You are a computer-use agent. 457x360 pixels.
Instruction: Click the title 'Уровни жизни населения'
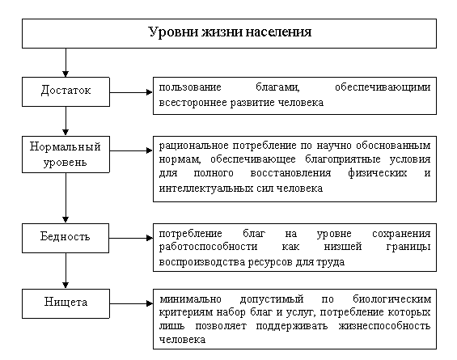tap(230, 32)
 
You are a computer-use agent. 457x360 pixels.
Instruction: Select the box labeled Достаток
tap(66, 91)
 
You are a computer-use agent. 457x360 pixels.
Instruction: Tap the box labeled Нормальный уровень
tap(66, 155)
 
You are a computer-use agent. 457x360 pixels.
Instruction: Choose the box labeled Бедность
tap(66, 238)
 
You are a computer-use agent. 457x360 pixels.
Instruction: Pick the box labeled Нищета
tap(66, 303)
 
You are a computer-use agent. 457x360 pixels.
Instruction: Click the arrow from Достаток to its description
tap(131, 92)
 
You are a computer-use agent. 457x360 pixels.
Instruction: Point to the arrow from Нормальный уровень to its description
tap(131, 150)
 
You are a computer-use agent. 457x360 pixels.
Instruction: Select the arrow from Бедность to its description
tap(131, 238)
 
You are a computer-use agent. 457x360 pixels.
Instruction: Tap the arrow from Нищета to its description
tap(131, 303)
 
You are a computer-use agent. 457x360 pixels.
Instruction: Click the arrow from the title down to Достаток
tap(66, 62)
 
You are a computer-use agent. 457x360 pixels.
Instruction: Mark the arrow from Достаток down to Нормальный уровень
tap(66, 121)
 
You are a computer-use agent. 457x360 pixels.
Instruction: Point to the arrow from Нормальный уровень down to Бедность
tap(66, 198)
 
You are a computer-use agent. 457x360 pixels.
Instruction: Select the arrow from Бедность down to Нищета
tap(66, 271)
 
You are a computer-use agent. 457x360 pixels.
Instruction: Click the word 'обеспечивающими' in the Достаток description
tap(383, 87)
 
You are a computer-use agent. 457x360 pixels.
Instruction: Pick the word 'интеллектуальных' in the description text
tap(206, 188)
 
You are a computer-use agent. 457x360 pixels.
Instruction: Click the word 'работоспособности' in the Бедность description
tap(208, 247)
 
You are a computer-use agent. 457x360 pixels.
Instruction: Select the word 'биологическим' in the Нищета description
tap(391, 299)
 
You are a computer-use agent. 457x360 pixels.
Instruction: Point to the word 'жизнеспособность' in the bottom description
tap(385, 325)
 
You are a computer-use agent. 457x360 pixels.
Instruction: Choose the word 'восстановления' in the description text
tap(290, 173)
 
